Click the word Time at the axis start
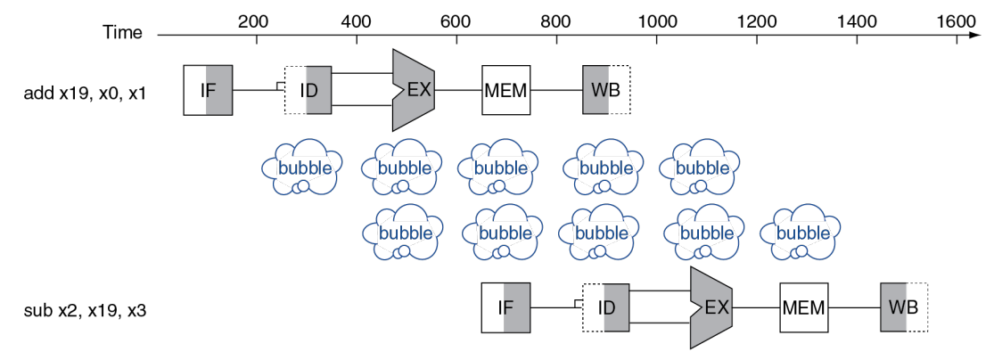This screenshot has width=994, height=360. click(122, 33)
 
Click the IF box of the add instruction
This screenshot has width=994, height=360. click(208, 90)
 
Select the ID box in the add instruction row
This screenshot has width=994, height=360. click(308, 90)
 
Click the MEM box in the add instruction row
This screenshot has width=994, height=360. click(506, 90)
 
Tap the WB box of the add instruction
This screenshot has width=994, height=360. click(607, 90)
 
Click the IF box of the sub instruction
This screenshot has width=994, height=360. click(505, 307)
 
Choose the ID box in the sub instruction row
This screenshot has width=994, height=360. click(606, 307)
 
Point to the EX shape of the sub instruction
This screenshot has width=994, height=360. click(711, 307)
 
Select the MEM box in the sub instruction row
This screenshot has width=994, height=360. click(804, 307)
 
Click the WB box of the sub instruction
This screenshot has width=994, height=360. click(904, 307)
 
